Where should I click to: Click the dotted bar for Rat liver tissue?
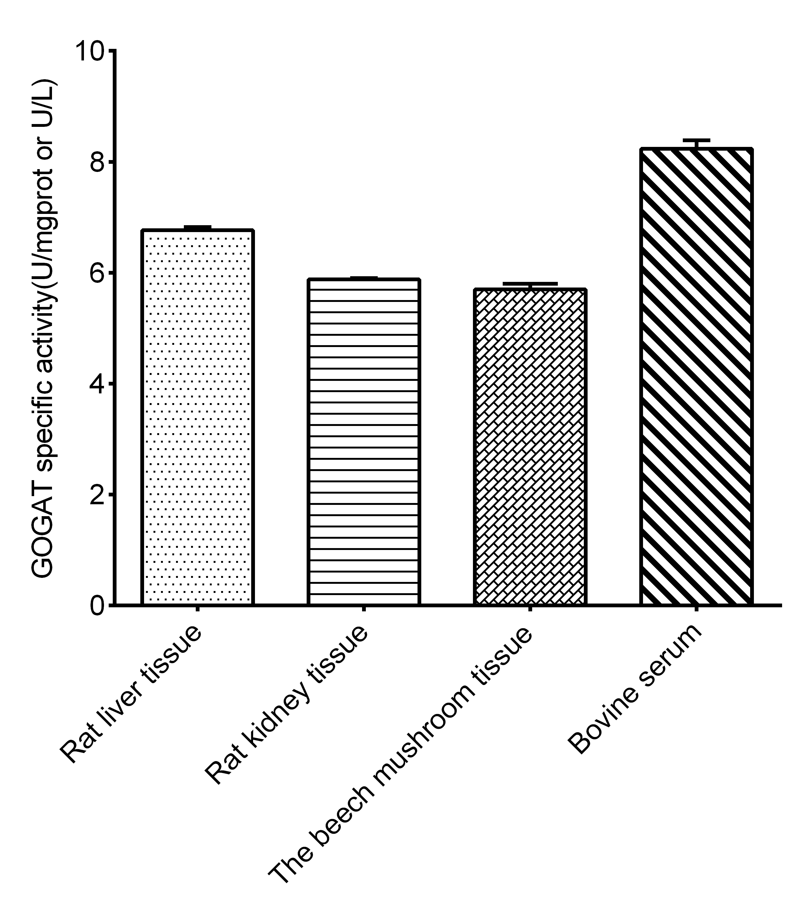tap(198, 417)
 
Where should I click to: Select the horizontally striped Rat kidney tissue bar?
tap(364, 441)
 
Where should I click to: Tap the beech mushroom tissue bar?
tap(530, 446)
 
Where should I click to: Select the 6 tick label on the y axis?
tap(99, 273)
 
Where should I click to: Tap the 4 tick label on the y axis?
tap(99, 384)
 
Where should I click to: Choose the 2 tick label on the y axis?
tap(99, 495)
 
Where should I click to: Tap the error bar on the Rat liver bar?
tap(198, 227)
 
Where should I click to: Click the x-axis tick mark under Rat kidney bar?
tap(364, 609)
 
